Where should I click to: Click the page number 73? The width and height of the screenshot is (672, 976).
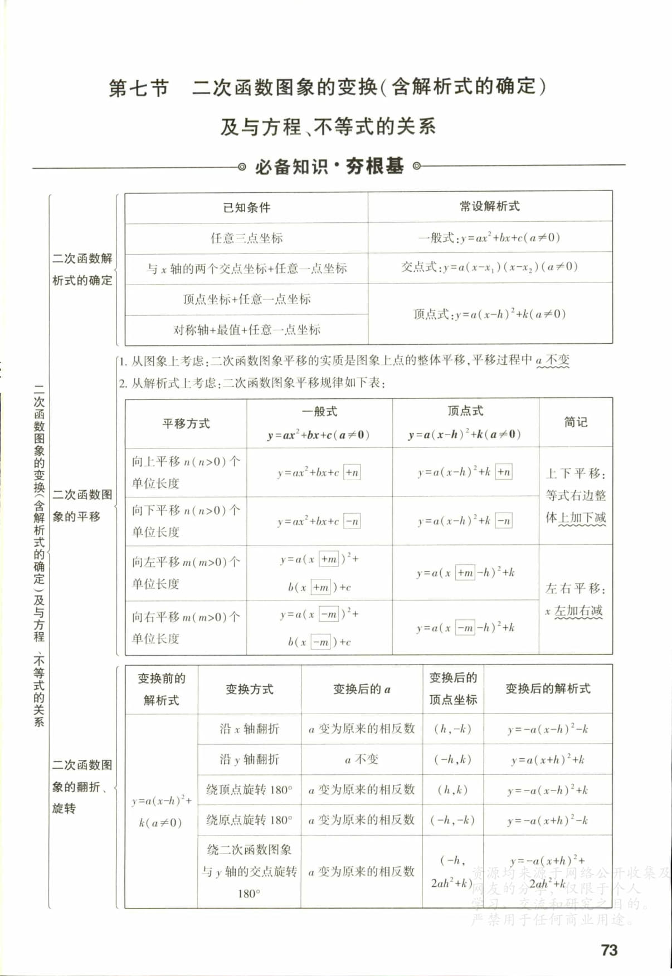point(609,950)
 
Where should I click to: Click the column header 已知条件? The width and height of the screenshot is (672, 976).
point(246,207)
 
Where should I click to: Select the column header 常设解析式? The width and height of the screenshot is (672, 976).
point(489,206)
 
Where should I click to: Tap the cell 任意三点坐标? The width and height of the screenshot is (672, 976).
point(246,238)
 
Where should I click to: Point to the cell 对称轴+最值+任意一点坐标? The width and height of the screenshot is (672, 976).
point(246,329)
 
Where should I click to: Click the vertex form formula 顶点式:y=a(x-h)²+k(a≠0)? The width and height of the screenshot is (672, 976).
point(489,314)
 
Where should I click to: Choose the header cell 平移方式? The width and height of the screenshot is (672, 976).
point(186,423)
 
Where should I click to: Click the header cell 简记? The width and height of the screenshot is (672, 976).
point(575,422)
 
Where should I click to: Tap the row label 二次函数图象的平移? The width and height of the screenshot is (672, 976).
point(82,505)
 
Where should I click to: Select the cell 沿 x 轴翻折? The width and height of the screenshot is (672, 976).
point(249,729)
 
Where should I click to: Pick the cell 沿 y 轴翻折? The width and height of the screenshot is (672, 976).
point(249,759)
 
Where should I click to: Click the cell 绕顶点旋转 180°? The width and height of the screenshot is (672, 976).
point(249,789)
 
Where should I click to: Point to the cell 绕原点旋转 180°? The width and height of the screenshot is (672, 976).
point(249,819)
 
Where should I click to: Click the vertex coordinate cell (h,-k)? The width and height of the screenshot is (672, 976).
point(452,729)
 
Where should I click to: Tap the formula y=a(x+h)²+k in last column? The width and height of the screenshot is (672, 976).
point(547,759)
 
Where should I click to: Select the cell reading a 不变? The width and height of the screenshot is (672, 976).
point(361,759)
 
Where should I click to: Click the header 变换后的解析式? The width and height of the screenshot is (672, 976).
point(547,689)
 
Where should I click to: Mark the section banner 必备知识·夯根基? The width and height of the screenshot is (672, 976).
point(329,166)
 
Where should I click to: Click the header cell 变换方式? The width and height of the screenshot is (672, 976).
point(249,689)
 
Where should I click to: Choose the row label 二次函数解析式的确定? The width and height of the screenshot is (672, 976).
point(82,269)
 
